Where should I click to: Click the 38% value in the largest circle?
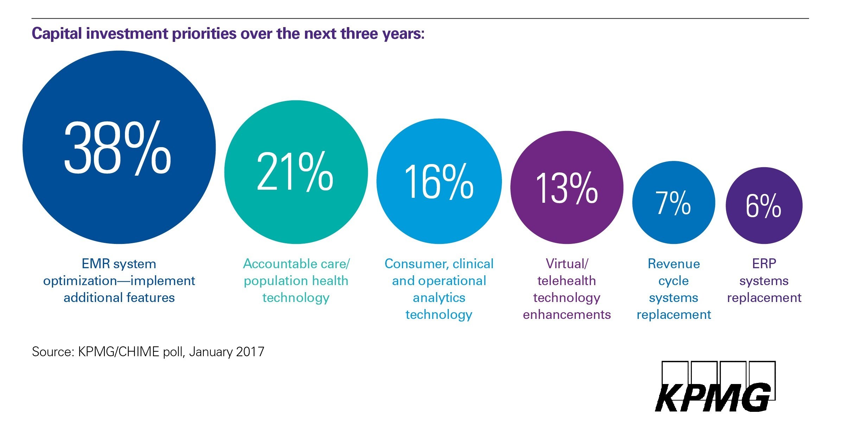117,148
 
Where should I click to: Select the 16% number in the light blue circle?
439,182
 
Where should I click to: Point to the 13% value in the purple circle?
566,189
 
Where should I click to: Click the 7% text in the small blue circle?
673,203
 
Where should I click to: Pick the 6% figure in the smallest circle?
763,206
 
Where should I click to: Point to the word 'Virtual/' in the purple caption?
567,264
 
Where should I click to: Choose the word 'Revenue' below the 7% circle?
674,264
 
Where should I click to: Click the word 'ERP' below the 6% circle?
764,264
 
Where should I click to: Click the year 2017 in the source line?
250,352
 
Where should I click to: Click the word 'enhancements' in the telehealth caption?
567,314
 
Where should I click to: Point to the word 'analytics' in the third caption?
439,298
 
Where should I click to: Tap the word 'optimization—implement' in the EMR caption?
119,281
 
